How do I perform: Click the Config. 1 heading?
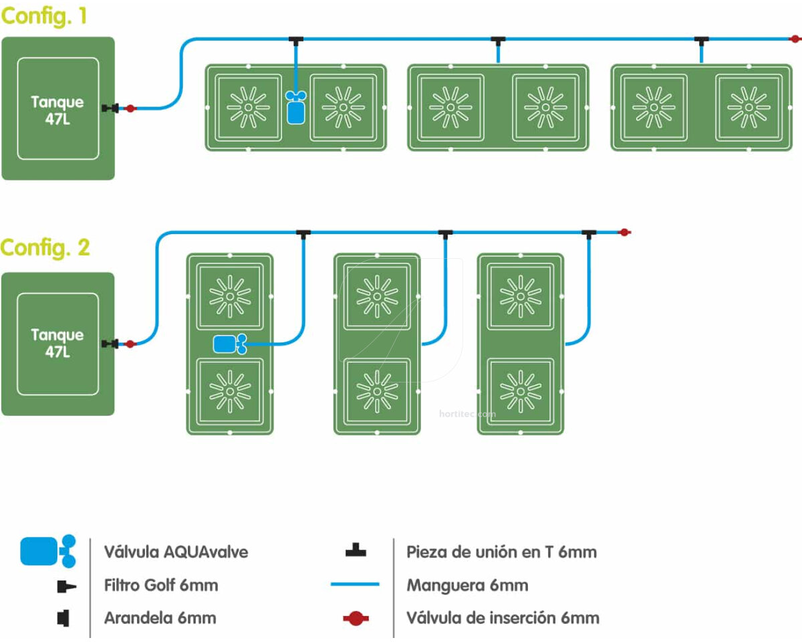point(44,16)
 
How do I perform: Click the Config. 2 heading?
point(45,247)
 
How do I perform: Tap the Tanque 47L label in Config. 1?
point(57,110)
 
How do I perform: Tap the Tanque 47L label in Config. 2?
point(57,342)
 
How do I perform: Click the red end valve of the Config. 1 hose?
point(795,39)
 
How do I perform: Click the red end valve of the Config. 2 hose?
point(624,232)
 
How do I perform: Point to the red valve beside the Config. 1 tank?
point(130,108)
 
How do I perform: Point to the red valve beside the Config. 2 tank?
point(130,344)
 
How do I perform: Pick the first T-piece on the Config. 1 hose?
point(296,41)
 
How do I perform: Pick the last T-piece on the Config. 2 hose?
point(589,233)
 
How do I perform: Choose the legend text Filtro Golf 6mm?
point(161,585)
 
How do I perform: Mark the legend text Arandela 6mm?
point(160,618)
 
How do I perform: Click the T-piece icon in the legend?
point(356,551)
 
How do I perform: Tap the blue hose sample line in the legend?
point(355,584)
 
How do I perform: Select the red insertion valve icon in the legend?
point(356,619)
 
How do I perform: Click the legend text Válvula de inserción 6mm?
point(503,618)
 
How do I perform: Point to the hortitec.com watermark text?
point(468,414)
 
